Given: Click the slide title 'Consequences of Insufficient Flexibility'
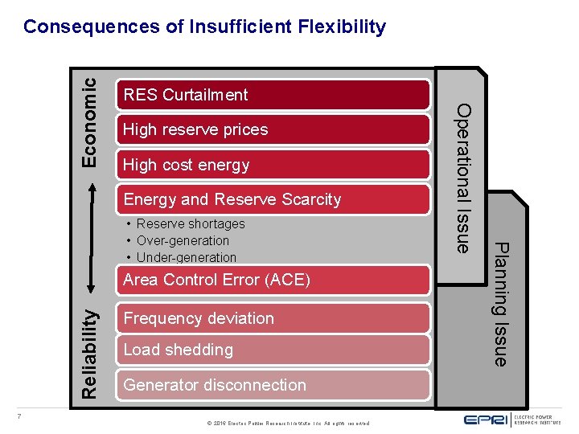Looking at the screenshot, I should (204, 27).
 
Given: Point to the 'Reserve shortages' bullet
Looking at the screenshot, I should (190, 224).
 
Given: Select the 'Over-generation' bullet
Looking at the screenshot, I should (182, 241).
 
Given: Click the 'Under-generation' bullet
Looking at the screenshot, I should (186, 258).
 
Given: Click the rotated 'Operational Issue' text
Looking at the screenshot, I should (463, 178).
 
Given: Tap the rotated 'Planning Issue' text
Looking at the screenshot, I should (500, 304).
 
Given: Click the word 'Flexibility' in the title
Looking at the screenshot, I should (342, 27).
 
